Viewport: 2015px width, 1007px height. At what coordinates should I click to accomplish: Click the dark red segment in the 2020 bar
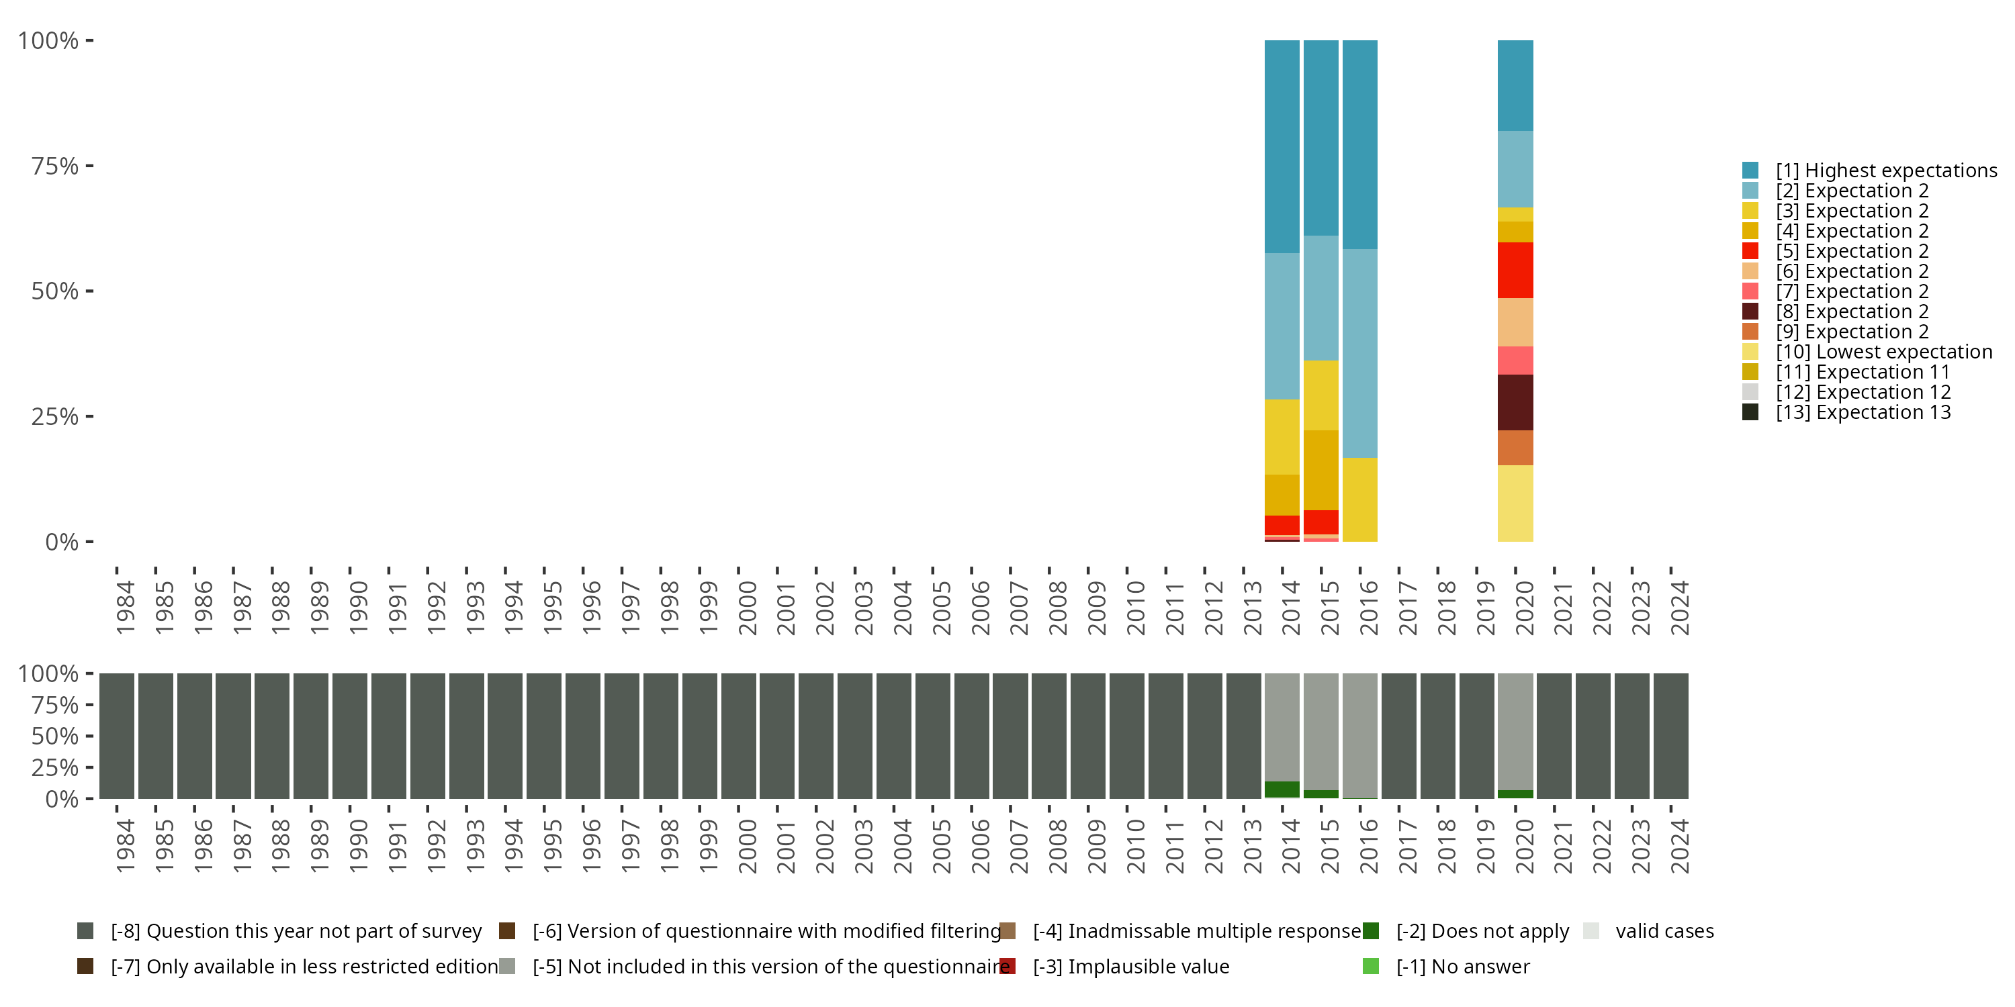pos(1515,402)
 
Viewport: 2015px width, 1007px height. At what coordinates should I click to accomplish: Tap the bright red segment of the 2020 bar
pos(1515,270)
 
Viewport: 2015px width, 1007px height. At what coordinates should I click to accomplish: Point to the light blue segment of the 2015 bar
pos(1320,298)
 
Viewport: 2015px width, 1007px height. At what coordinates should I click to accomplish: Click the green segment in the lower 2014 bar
pos(1282,789)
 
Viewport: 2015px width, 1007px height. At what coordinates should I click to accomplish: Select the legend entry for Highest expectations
pos(1886,171)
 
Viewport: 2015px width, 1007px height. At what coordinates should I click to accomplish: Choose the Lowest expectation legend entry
pos(1883,352)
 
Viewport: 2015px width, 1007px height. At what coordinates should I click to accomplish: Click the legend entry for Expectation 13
pos(1863,412)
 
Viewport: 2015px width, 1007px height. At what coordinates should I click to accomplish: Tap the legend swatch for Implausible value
pos(1008,966)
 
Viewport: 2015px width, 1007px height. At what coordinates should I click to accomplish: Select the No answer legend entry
pos(1463,966)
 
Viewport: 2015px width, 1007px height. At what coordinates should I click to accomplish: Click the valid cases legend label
pos(1664,931)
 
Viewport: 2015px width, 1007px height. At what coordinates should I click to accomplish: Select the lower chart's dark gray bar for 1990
pos(350,736)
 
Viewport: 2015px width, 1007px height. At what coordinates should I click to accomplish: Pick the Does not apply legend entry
pos(1482,931)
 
